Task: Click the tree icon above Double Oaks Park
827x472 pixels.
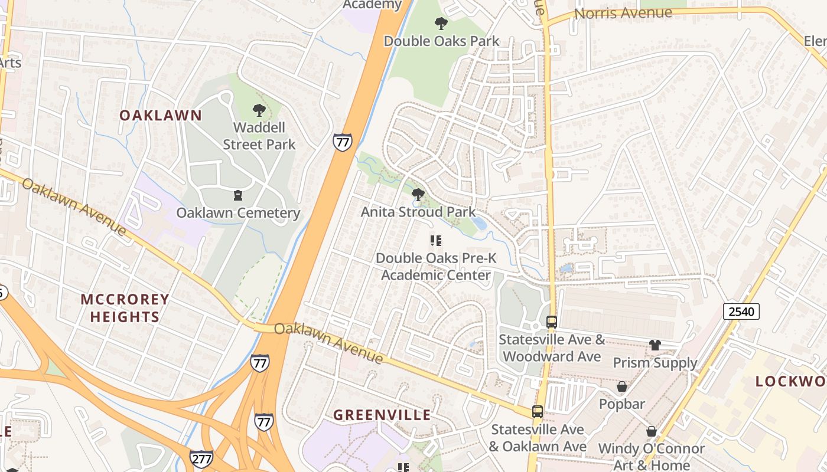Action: click(441, 24)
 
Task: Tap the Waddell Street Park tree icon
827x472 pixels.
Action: click(259, 110)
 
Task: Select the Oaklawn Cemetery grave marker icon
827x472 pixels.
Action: click(238, 195)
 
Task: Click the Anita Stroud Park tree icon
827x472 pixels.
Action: click(418, 194)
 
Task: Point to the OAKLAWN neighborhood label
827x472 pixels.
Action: click(161, 116)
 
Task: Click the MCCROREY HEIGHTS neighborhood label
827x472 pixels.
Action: click(125, 308)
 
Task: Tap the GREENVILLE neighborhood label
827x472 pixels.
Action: click(382, 415)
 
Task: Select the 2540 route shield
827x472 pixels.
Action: click(741, 312)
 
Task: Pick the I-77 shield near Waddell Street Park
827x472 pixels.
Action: click(342, 142)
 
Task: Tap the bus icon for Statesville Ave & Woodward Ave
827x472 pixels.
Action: click(552, 322)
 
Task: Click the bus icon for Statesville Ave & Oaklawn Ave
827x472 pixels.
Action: click(538, 412)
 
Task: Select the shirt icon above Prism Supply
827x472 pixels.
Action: click(655, 345)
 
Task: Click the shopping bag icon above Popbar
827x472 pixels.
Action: click(621, 387)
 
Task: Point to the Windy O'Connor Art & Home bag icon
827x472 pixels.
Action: click(651, 431)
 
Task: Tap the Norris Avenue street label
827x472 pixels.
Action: click(623, 13)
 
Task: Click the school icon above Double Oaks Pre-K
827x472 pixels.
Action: click(436, 240)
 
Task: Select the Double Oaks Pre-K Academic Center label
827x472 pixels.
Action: click(436, 267)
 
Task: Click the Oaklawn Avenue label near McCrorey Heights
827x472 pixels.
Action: click(74, 206)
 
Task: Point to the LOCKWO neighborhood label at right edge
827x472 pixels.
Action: click(791, 382)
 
